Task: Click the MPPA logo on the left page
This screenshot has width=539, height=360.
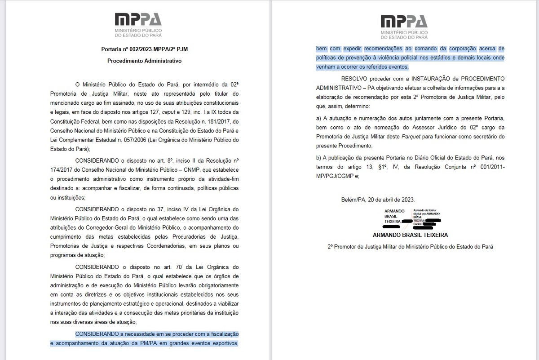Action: [138, 24]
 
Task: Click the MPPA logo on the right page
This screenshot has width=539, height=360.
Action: [403, 27]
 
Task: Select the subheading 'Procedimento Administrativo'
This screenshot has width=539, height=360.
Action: [144, 60]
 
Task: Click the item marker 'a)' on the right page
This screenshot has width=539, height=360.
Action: [319, 118]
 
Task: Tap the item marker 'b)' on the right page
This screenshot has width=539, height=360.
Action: [319, 158]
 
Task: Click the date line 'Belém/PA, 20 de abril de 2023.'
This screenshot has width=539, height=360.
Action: [378, 200]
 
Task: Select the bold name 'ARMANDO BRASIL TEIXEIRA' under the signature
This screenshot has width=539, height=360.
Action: [410, 235]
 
